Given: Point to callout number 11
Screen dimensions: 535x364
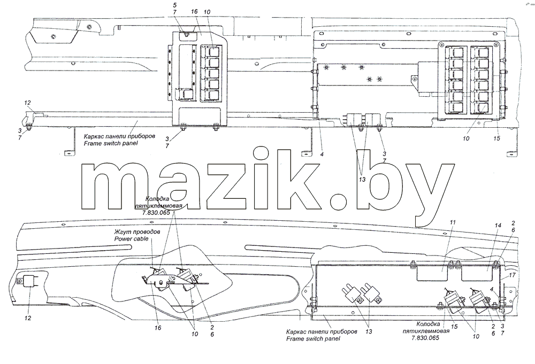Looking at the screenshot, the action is (453, 222).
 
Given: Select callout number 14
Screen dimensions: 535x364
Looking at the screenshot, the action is (499, 225).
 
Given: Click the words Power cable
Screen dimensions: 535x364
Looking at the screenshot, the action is (132, 238).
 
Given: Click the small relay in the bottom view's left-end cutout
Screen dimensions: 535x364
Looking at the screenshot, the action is (30, 281).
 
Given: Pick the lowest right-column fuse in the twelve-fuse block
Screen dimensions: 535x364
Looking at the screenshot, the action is (483, 110).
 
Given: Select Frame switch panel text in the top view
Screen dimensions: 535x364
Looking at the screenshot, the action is (111, 143).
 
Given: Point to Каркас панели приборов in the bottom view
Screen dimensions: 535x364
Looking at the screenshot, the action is (322, 331).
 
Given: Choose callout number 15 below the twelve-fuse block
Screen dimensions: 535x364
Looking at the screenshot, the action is (497, 138).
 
